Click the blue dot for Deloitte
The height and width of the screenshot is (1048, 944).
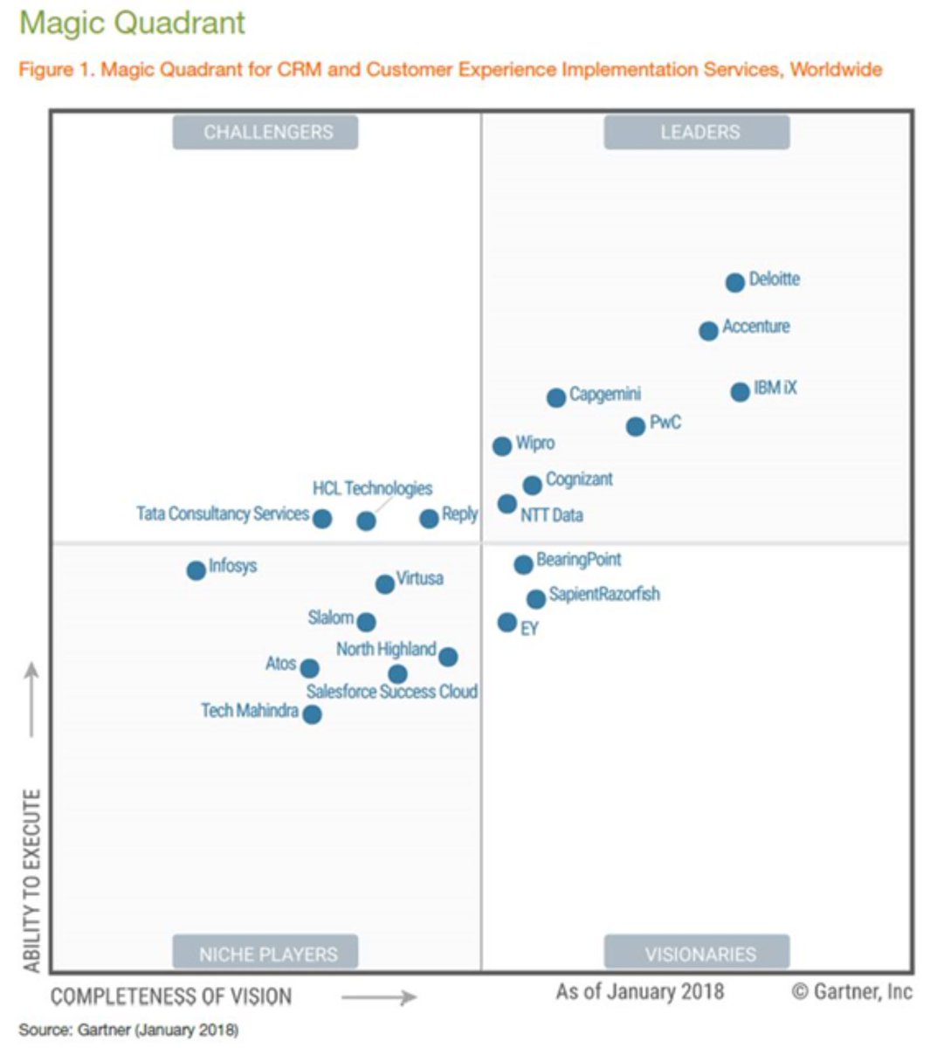[x=734, y=282]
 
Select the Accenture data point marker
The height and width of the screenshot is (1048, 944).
[x=708, y=331]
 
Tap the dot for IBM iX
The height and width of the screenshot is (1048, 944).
[x=740, y=391]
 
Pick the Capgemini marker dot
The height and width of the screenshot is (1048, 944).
[x=556, y=398]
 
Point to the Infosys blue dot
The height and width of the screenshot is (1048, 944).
[x=196, y=571]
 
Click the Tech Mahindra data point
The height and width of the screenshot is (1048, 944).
[x=312, y=714]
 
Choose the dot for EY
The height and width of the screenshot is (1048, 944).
[x=507, y=623]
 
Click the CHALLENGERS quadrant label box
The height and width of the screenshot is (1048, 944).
[x=265, y=132]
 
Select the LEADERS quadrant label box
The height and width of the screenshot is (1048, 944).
[x=697, y=132]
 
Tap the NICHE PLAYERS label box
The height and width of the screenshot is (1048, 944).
[x=265, y=953]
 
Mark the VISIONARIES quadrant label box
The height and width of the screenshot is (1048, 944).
[x=697, y=953]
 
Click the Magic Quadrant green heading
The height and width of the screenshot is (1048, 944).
[x=133, y=23]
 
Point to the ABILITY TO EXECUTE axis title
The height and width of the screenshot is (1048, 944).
[x=32, y=880]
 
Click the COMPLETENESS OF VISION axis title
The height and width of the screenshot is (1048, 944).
[x=171, y=996]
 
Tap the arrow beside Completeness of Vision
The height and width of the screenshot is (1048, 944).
[x=378, y=997]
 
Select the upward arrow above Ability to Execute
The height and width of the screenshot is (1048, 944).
[x=31, y=699]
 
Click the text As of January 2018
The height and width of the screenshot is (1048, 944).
[x=640, y=991]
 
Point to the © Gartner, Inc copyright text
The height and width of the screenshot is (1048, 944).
[x=851, y=991]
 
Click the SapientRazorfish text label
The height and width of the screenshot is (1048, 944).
[x=604, y=595]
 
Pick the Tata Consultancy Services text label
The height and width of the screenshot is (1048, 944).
[x=223, y=514]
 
